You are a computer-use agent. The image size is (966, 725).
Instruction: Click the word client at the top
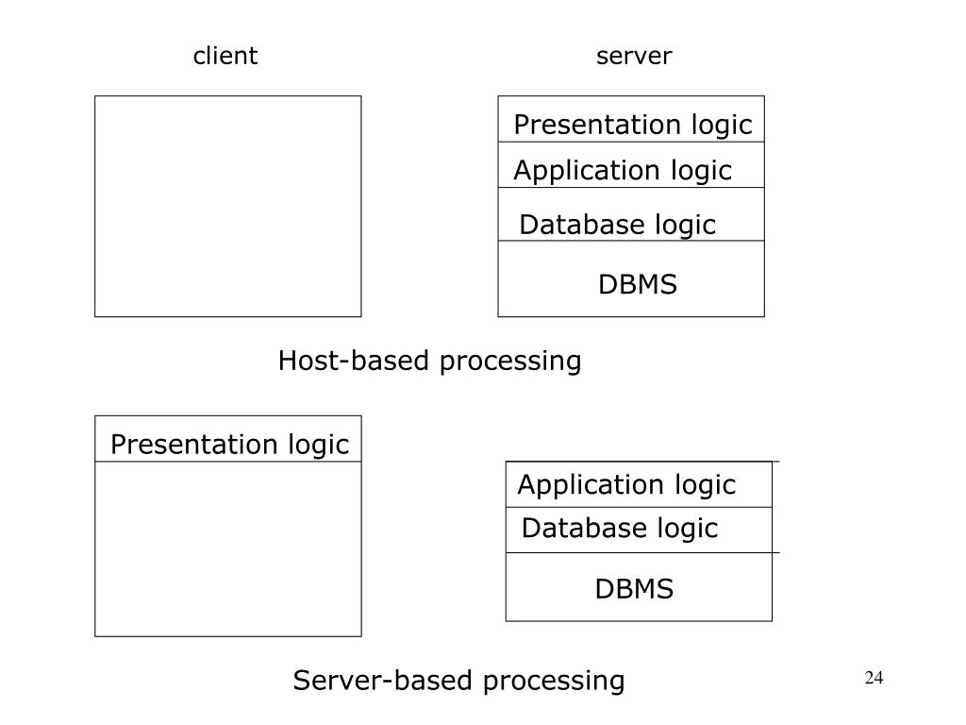[225, 56]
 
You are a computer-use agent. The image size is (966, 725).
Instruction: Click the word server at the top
[634, 56]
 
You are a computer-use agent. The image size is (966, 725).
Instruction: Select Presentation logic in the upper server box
[633, 126]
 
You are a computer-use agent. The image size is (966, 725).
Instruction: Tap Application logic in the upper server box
[623, 171]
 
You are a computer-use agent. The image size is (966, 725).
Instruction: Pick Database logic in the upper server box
[617, 225]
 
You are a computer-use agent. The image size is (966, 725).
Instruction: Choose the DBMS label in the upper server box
[638, 285]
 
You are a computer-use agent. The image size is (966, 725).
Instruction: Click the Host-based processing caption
[429, 362]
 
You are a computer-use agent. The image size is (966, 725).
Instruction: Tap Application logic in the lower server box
[626, 485]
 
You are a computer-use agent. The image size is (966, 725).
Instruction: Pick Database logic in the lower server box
[619, 529]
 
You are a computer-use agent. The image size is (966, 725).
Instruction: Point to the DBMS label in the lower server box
[634, 589]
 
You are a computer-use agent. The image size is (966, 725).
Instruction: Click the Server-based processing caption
[459, 682]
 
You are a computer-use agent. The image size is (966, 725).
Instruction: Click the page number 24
[874, 678]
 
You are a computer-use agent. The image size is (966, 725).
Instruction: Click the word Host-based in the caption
[354, 360]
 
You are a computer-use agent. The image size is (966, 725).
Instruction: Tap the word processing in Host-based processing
[510, 362]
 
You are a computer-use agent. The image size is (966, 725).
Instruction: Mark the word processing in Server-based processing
[554, 683]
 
